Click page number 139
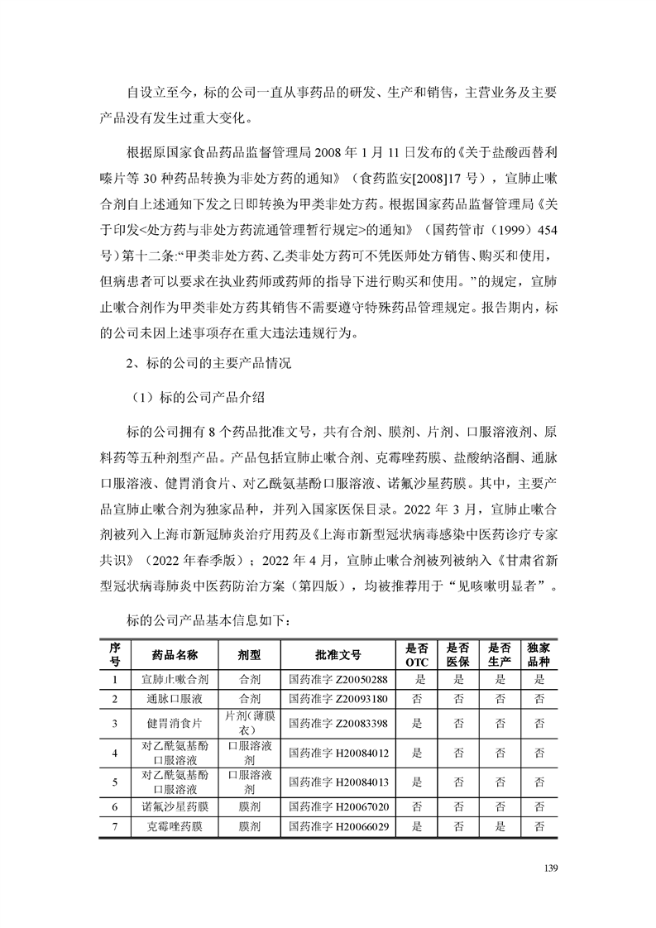coord(553,868)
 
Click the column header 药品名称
coord(175,654)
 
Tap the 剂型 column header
coord(249,654)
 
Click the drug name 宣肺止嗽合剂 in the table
coord(175,680)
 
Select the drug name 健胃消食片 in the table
coord(175,723)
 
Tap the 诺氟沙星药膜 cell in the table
coord(175,806)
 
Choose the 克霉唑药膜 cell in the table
coord(175,826)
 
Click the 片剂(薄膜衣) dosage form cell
coord(249,723)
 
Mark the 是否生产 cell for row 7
coord(500,826)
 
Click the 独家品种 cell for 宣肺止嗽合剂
coord(539,680)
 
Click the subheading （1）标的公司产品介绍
coord(198,397)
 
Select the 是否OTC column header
coord(418,654)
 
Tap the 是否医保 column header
coord(458,654)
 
